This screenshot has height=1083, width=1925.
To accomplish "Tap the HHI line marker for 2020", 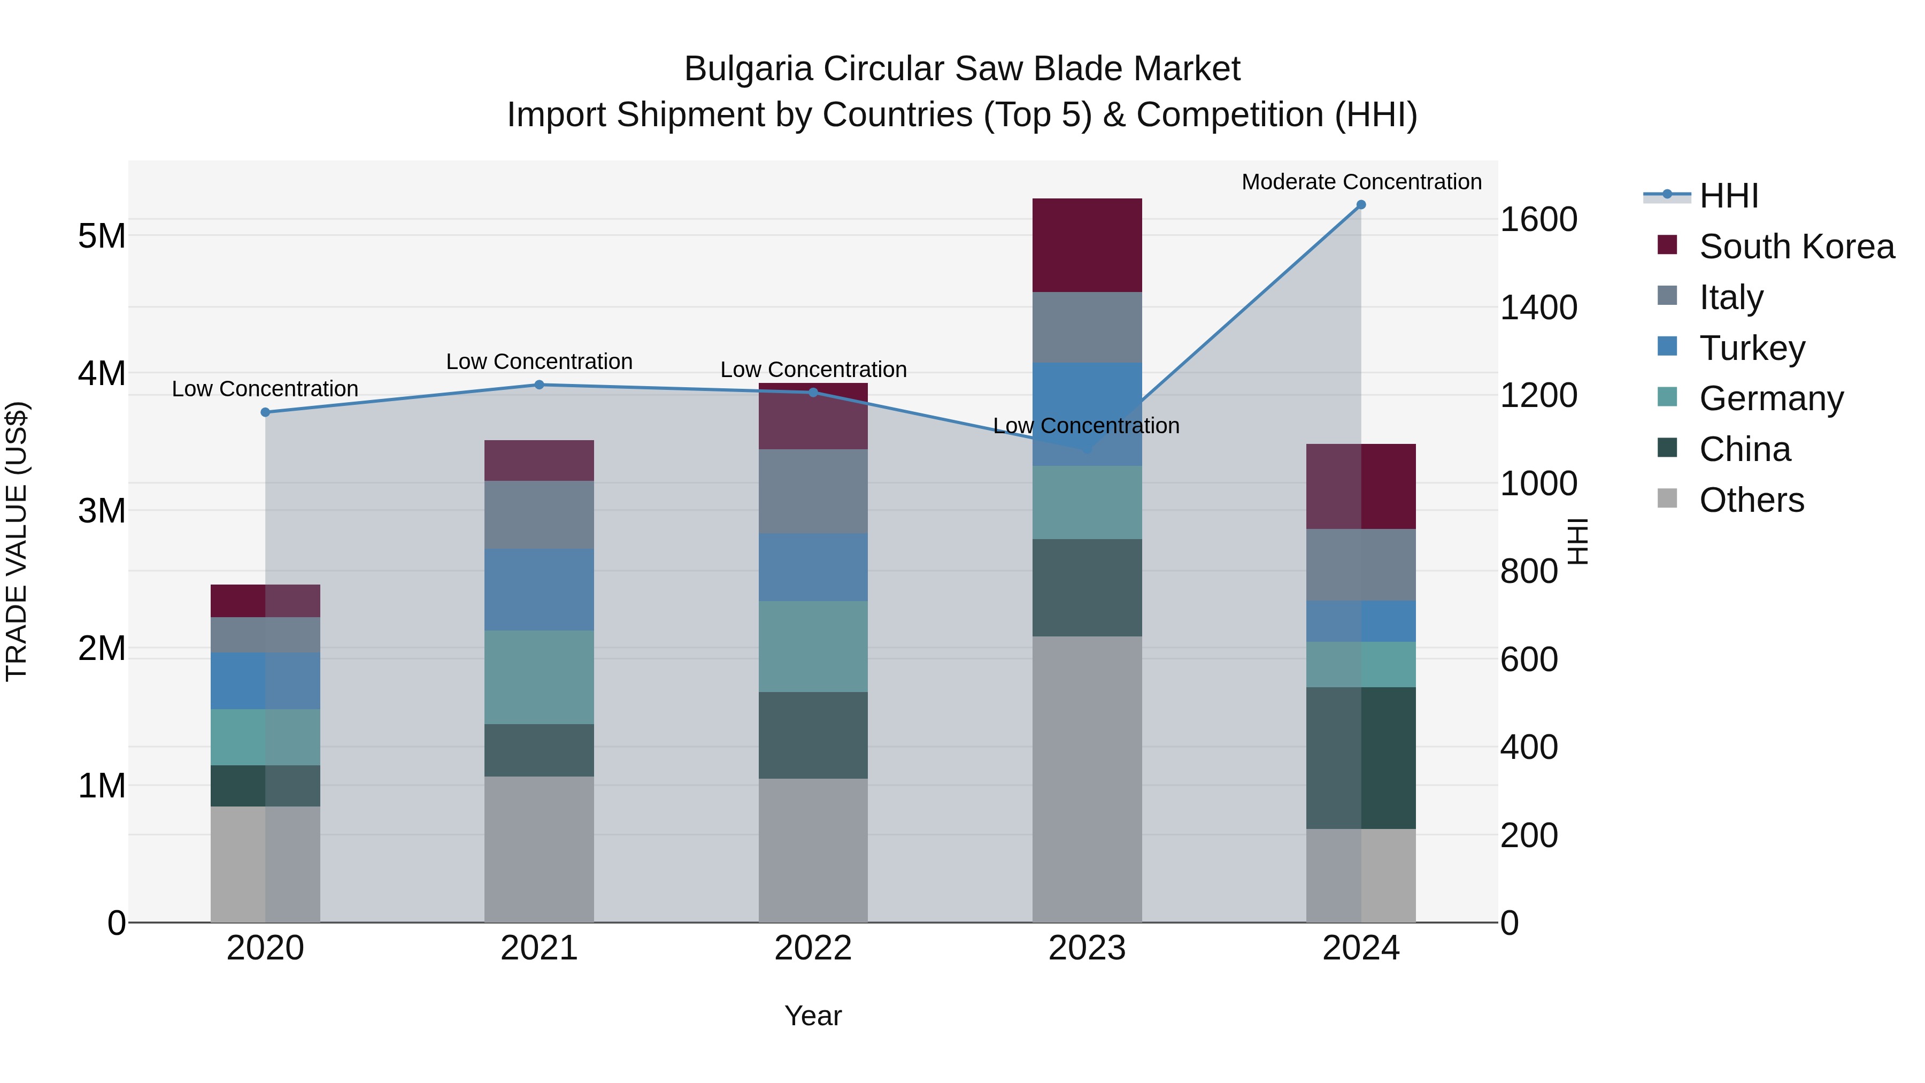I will (x=265, y=412).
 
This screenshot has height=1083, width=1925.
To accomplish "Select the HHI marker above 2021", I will (x=539, y=385).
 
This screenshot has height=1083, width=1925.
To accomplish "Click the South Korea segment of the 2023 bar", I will (x=1087, y=245).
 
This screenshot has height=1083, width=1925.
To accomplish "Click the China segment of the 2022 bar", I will (x=813, y=735).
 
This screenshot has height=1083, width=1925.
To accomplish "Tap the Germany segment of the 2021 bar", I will (x=539, y=677).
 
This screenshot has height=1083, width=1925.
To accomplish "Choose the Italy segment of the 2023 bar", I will (x=1087, y=327).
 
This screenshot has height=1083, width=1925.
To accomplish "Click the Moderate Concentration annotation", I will (x=1361, y=182).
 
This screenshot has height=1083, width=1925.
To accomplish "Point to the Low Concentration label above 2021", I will (x=539, y=361).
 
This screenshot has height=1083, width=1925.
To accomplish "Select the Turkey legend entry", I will (x=1752, y=348).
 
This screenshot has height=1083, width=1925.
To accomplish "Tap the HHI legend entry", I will (x=1728, y=196).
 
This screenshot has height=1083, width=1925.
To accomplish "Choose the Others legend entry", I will (x=1751, y=500).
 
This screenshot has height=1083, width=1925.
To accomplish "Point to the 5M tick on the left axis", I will (x=102, y=236).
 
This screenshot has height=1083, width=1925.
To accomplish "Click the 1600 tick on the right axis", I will (x=1538, y=220).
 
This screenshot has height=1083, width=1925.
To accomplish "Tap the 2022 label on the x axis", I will (x=813, y=948).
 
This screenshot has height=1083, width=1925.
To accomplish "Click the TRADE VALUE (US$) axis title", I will (x=17, y=541).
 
